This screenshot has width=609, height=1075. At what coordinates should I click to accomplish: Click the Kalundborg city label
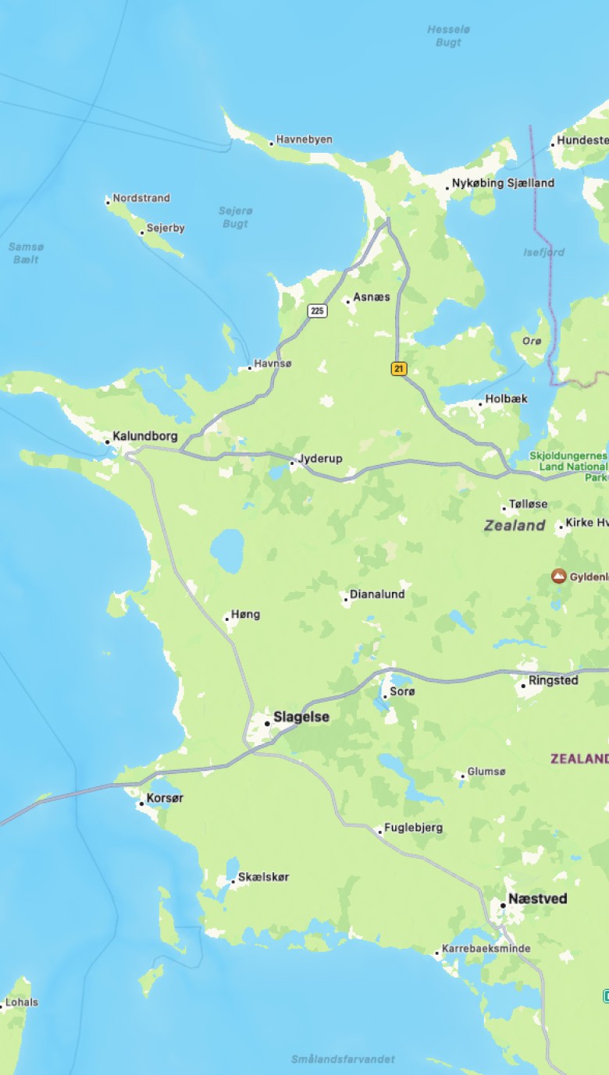point(144,436)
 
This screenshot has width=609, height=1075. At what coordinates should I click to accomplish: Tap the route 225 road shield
point(316,310)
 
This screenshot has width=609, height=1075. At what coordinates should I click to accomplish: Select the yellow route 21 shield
point(399,369)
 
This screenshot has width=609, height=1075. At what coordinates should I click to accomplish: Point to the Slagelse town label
point(301,717)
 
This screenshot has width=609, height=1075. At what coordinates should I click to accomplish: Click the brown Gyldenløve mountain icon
point(558,577)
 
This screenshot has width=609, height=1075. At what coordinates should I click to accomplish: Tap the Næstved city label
point(537,899)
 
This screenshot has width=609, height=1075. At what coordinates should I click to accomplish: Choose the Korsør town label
point(165,799)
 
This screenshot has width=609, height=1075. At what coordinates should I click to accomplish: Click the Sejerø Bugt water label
point(235,217)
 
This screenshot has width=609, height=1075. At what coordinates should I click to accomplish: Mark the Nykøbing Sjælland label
point(503,183)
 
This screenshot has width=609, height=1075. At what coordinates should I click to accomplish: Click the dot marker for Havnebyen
point(272,144)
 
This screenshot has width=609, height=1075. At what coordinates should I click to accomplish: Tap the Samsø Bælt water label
point(27,253)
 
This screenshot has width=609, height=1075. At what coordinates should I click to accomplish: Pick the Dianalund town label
point(376,594)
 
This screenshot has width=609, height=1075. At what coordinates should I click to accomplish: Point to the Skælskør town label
point(263,877)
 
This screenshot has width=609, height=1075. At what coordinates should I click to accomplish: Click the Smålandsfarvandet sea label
point(343,1059)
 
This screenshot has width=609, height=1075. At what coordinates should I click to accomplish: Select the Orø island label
point(531,341)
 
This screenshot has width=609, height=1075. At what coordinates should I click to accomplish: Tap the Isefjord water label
point(543,252)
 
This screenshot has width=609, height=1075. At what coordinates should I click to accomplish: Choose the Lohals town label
point(21,1002)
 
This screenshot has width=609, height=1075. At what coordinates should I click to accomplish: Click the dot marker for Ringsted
point(523,687)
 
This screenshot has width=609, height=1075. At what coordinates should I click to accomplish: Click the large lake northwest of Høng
point(226,550)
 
